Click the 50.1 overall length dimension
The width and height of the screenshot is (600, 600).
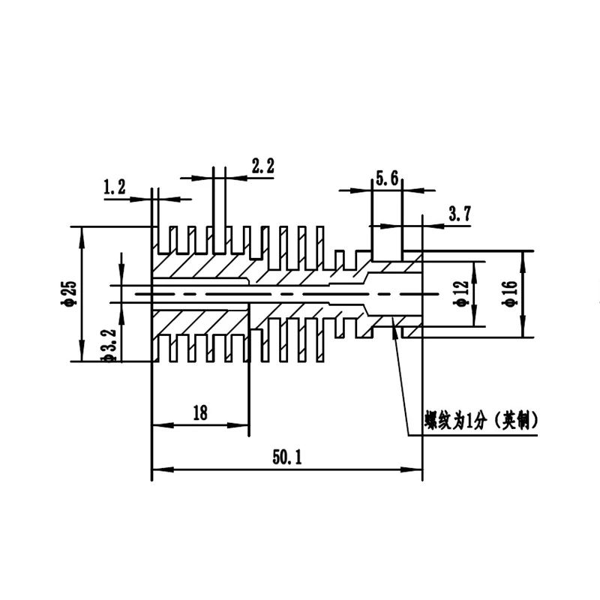click(287, 457)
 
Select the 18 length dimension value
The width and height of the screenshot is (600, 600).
click(200, 413)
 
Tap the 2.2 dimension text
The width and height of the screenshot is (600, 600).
click(263, 166)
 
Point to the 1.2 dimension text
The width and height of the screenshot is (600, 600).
click(115, 187)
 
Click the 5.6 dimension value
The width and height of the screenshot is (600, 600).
click(387, 178)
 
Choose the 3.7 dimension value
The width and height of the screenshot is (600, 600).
click(460, 214)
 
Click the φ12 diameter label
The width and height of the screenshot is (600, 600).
click(460, 293)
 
